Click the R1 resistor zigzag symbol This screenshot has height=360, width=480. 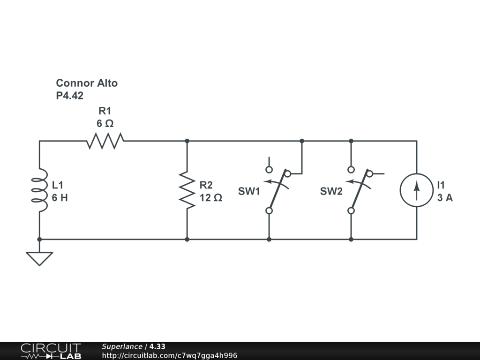pyautogui.click(x=105, y=141)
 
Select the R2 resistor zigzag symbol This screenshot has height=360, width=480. pyautogui.click(x=187, y=190)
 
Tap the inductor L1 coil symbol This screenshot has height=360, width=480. pyautogui.click(x=40, y=190)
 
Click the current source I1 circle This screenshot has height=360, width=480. pyautogui.click(x=416, y=190)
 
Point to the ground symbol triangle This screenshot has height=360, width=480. pyautogui.click(x=39, y=258)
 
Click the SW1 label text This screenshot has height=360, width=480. pyautogui.click(x=249, y=192)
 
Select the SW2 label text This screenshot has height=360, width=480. pyautogui.click(x=331, y=192)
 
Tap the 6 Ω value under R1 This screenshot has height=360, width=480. pyautogui.click(x=105, y=124)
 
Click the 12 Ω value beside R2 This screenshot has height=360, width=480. pyautogui.click(x=211, y=198)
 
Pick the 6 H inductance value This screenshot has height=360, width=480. pyautogui.click(x=60, y=198)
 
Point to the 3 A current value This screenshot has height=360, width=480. pyautogui.click(x=445, y=198)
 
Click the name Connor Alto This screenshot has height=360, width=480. pyautogui.click(x=87, y=83)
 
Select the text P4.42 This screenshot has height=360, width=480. pyautogui.click(x=70, y=95)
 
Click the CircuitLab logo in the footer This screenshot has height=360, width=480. pyautogui.click(x=50, y=351)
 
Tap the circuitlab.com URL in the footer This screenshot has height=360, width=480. pyautogui.click(x=169, y=355)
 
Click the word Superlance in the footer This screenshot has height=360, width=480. pyautogui.click(x=122, y=346)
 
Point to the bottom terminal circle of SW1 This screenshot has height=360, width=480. pyautogui.click(x=269, y=211)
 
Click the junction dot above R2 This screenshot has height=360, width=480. pyautogui.click(x=187, y=141)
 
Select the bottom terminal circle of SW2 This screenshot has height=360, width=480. pyautogui.click(x=351, y=211)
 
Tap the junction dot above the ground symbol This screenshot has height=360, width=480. pyautogui.click(x=39, y=239)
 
